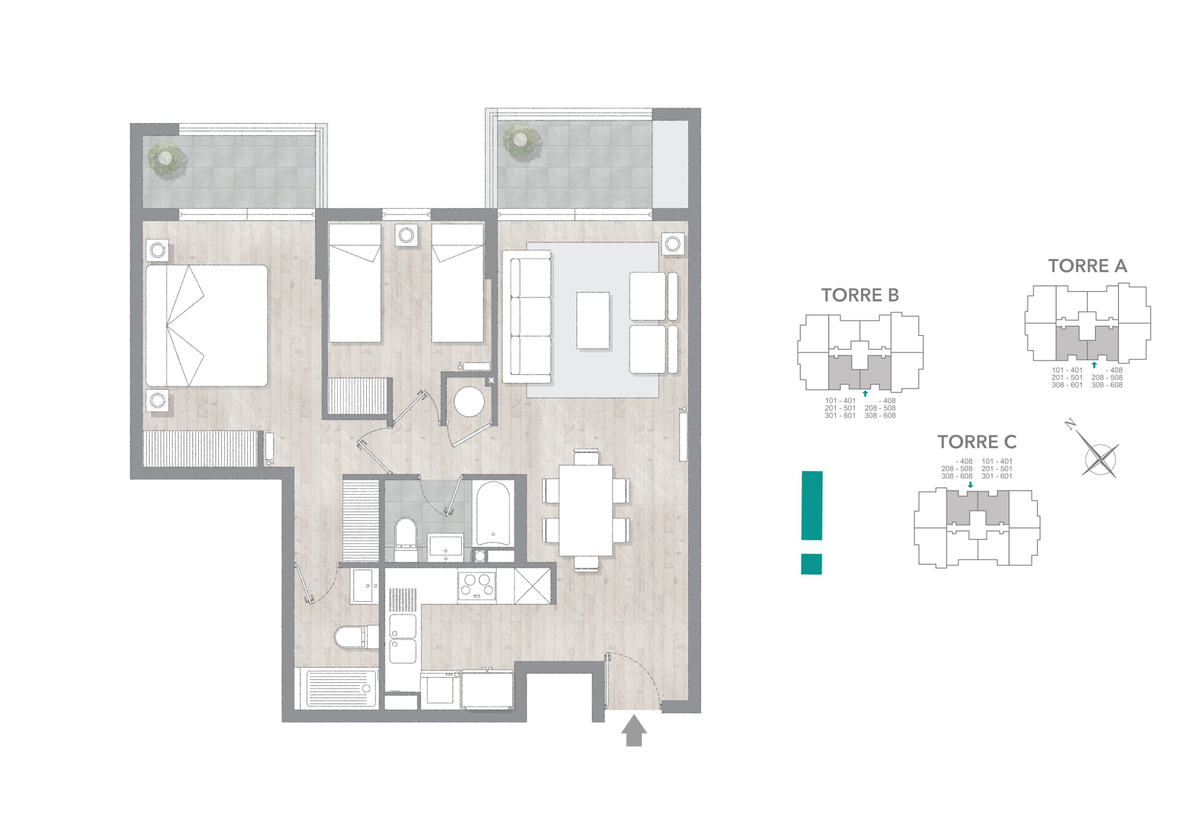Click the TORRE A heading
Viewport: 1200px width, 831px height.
coord(1087,266)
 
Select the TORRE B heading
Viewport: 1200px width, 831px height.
coord(860,295)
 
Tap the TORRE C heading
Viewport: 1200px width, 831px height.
coord(977,442)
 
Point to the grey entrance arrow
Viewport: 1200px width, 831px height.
coord(634,731)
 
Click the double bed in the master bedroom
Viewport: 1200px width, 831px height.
coord(207,326)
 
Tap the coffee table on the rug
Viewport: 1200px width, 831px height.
coord(593,320)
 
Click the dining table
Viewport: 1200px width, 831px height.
coord(585,511)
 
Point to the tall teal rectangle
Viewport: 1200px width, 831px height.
coord(811,506)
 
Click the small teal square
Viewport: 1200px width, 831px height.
coord(811,564)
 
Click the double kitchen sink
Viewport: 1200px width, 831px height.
coord(403,638)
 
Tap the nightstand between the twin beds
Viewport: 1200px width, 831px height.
coord(406,235)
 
